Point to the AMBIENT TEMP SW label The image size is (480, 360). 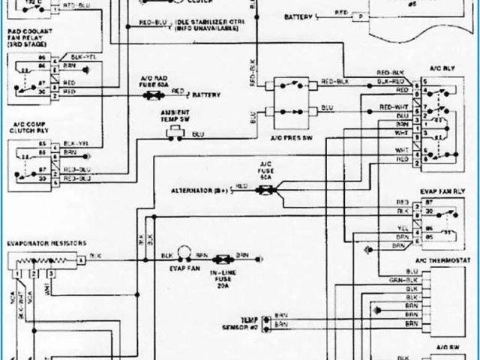(177, 115)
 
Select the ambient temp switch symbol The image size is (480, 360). (177, 132)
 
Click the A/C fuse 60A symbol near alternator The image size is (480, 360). (266, 190)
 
